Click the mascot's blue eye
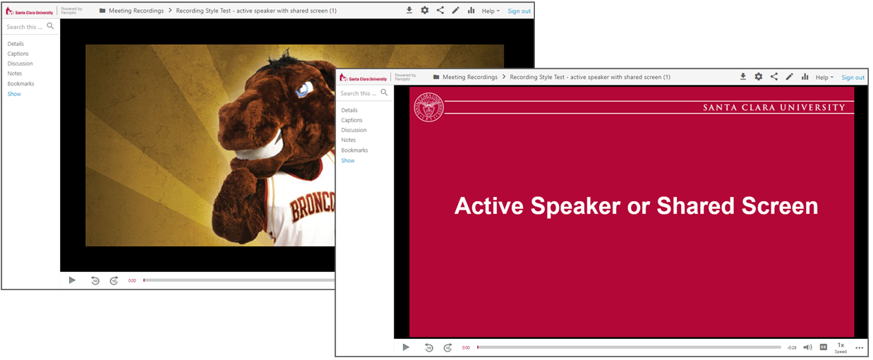click(x=303, y=89)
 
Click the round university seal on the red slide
click(x=428, y=107)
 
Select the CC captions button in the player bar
click(x=824, y=347)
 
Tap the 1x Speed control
click(x=841, y=347)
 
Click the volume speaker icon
click(x=807, y=347)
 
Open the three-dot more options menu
click(x=860, y=347)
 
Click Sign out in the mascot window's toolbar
click(x=519, y=11)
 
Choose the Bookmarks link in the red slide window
click(x=354, y=150)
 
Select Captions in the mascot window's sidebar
click(x=18, y=54)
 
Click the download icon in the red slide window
click(x=743, y=76)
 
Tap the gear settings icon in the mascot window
click(x=425, y=10)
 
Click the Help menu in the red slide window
click(x=824, y=77)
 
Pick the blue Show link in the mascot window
click(x=14, y=94)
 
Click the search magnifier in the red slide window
click(x=385, y=92)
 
